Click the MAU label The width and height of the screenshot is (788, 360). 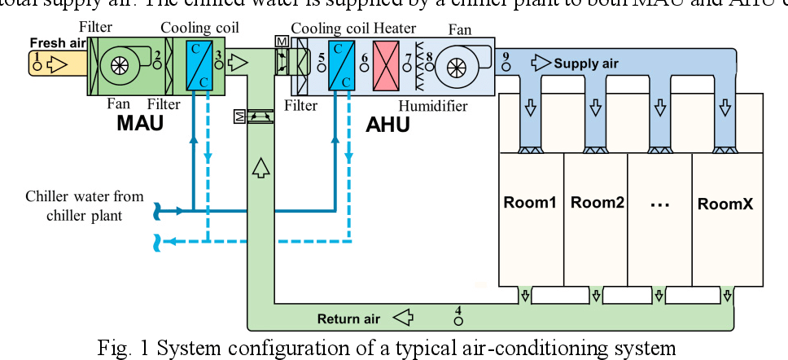tap(140, 124)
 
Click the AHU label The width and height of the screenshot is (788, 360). tap(388, 125)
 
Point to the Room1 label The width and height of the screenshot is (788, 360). tap(530, 203)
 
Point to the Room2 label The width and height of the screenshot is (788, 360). tap(597, 203)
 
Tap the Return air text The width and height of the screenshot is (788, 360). tap(349, 318)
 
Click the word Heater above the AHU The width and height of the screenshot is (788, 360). tap(395, 28)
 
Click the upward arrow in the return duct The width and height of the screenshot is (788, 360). tap(260, 169)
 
